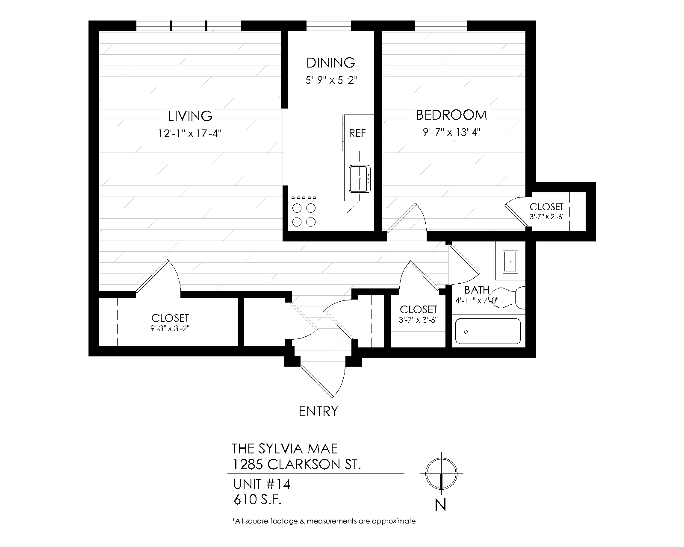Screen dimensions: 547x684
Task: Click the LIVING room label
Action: [190, 116]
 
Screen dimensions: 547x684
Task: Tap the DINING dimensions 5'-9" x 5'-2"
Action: [331, 80]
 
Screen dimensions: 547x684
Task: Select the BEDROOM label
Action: [451, 115]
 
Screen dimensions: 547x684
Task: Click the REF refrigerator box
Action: [358, 133]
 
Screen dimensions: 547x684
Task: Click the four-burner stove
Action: [304, 215]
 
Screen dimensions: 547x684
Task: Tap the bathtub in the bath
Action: [488, 331]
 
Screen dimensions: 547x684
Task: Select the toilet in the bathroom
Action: [513, 297]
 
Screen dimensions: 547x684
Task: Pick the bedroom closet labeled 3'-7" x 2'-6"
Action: [547, 211]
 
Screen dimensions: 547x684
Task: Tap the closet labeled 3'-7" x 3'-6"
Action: [418, 314]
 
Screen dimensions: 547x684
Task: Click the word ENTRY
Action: [318, 412]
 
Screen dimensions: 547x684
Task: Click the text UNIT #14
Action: [262, 485]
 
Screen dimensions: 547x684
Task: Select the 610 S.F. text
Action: [257, 500]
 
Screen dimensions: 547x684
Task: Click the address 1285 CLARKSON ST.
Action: [296, 464]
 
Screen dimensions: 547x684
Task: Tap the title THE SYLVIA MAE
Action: [285, 449]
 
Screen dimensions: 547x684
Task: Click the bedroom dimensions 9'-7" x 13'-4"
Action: [451, 132]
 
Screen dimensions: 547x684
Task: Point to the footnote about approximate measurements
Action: [324, 521]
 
